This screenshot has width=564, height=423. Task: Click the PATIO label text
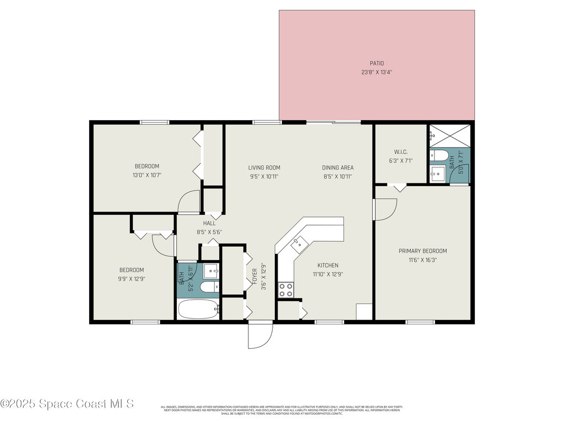377,63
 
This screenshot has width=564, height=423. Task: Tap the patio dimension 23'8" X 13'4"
377,72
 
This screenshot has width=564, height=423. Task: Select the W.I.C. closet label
400,152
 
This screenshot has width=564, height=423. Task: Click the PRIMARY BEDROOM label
422,251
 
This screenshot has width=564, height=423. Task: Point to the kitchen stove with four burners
285,290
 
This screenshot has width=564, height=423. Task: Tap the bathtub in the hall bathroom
198,309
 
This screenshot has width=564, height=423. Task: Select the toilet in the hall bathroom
210,288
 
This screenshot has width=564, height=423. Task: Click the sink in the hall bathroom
211,270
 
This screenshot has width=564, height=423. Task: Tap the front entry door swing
260,335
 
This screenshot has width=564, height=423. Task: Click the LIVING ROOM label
264,168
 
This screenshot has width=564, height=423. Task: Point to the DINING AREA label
338,168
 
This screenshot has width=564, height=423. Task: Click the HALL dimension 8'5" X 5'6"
209,232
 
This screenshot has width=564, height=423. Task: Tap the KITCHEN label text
328,265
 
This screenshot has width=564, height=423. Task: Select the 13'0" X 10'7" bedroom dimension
147,175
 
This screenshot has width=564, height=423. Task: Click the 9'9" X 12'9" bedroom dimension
132,279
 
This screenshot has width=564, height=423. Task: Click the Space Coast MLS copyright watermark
67,404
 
